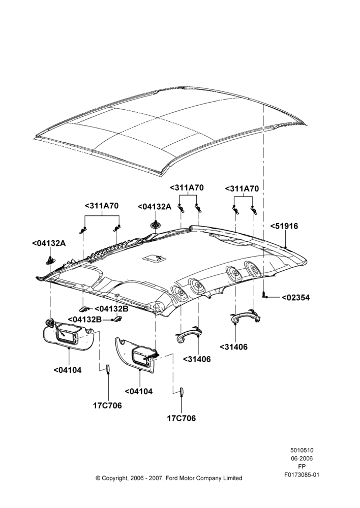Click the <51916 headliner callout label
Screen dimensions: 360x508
tap(284, 226)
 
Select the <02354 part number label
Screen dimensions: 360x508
tap(295, 297)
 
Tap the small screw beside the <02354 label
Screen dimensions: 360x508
tap(264, 295)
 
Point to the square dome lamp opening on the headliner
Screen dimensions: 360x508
tap(152, 258)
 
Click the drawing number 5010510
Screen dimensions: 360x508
tap(302, 450)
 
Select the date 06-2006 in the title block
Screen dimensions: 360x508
tap(302, 458)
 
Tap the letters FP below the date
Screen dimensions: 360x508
tap(302, 466)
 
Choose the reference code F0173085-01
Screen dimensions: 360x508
tap(302, 474)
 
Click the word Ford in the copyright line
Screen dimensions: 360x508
tap(172, 478)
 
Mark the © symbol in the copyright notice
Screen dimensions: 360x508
tap(98, 478)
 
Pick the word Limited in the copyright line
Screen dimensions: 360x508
tap(232, 478)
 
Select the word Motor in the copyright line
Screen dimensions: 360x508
tap(187, 478)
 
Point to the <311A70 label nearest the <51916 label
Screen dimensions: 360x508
tap(242, 188)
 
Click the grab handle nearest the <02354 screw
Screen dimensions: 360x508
tap(246, 316)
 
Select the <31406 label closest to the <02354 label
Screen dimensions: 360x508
tap(233, 347)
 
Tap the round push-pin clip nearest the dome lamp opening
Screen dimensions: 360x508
tap(156, 225)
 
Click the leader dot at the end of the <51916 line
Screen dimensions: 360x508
tap(285, 247)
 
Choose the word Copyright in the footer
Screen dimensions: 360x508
tap(115, 478)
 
